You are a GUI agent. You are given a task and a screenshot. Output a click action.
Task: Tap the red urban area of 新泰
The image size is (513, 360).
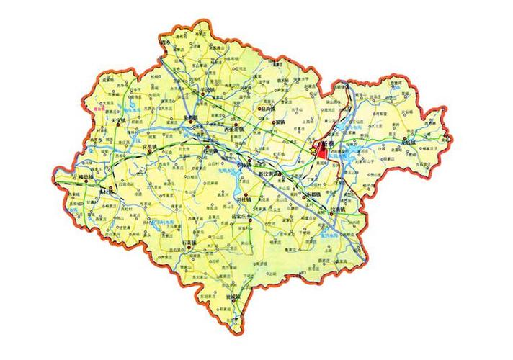pos(323,153)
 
